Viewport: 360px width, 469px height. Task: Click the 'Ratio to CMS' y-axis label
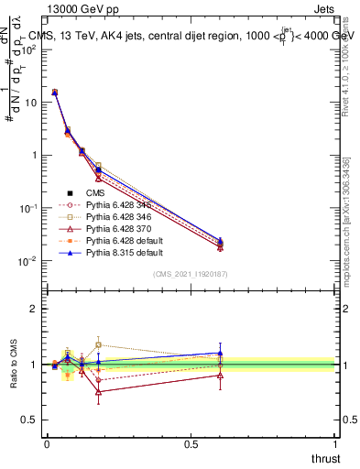click(x=13, y=365)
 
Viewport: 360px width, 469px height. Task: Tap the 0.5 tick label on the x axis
click(x=191, y=444)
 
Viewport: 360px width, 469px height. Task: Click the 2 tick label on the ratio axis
click(x=32, y=310)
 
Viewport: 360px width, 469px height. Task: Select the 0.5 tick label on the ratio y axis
click(x=29, y=420)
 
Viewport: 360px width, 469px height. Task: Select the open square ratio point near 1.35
click(x=98, y=345)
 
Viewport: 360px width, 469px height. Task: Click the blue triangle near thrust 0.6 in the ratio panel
click(x=220, y=353)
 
